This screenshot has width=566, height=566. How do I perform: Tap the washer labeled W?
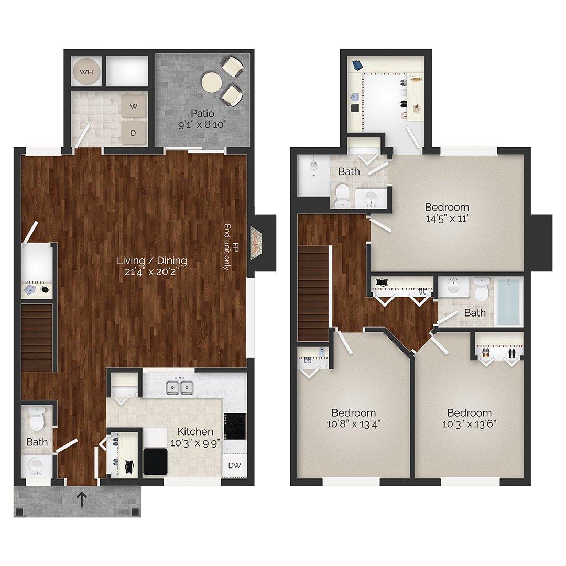pos(134,107)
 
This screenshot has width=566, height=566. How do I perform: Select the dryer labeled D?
pos(133,133)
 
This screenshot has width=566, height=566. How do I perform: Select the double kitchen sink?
pos(179,387)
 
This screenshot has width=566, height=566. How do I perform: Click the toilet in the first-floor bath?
pos(36,419)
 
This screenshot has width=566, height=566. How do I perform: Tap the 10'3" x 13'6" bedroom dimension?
pos(469,424)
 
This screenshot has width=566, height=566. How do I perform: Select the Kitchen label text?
pos(195,431)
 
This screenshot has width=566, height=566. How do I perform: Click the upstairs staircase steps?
pos(314,293)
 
